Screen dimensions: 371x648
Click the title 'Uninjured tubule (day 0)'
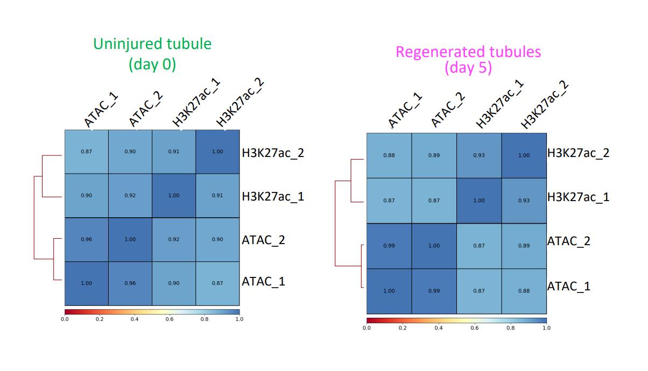(x=152, y=54)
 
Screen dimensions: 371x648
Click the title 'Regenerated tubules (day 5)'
(x=468, y=60)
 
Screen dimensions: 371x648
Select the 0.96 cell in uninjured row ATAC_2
(x=86, y=239)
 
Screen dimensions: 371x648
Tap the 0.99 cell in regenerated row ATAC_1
(x=434, y=291)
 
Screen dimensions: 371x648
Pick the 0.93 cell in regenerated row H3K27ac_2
(x=478, y=155)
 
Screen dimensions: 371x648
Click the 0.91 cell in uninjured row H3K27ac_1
(x=217, y=196)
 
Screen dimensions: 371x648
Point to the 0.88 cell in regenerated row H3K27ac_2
(x=389, y=155)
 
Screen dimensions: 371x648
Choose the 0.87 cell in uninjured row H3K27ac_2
(x=86, y=152)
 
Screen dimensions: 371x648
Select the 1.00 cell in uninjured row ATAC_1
(x=86, y=283)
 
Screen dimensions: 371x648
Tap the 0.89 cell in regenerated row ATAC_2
(x=524, y=246)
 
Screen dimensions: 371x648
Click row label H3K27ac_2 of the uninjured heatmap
(x=273, y=153)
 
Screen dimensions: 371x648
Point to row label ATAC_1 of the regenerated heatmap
(x=569, y=286)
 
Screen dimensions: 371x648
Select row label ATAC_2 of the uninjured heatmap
(x=264, y=240)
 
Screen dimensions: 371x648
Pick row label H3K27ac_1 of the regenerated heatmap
(x=579, y=197)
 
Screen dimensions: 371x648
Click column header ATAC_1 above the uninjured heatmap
(x=101, y=110)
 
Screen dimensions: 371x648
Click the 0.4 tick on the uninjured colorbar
(x=135, y=319)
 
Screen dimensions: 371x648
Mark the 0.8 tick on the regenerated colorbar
(x=510, y=327)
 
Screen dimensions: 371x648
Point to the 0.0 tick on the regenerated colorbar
(x=367, y=327)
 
